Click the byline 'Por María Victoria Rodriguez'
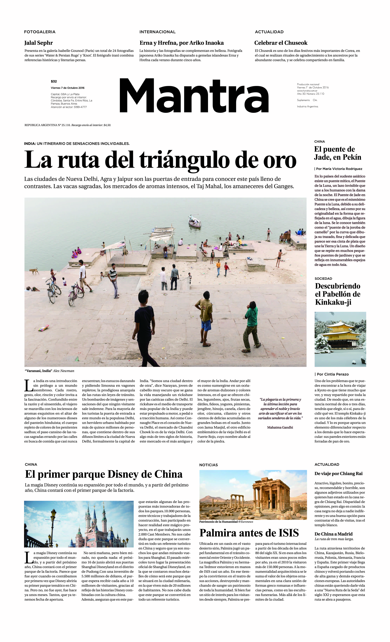(x=339, y=169)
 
